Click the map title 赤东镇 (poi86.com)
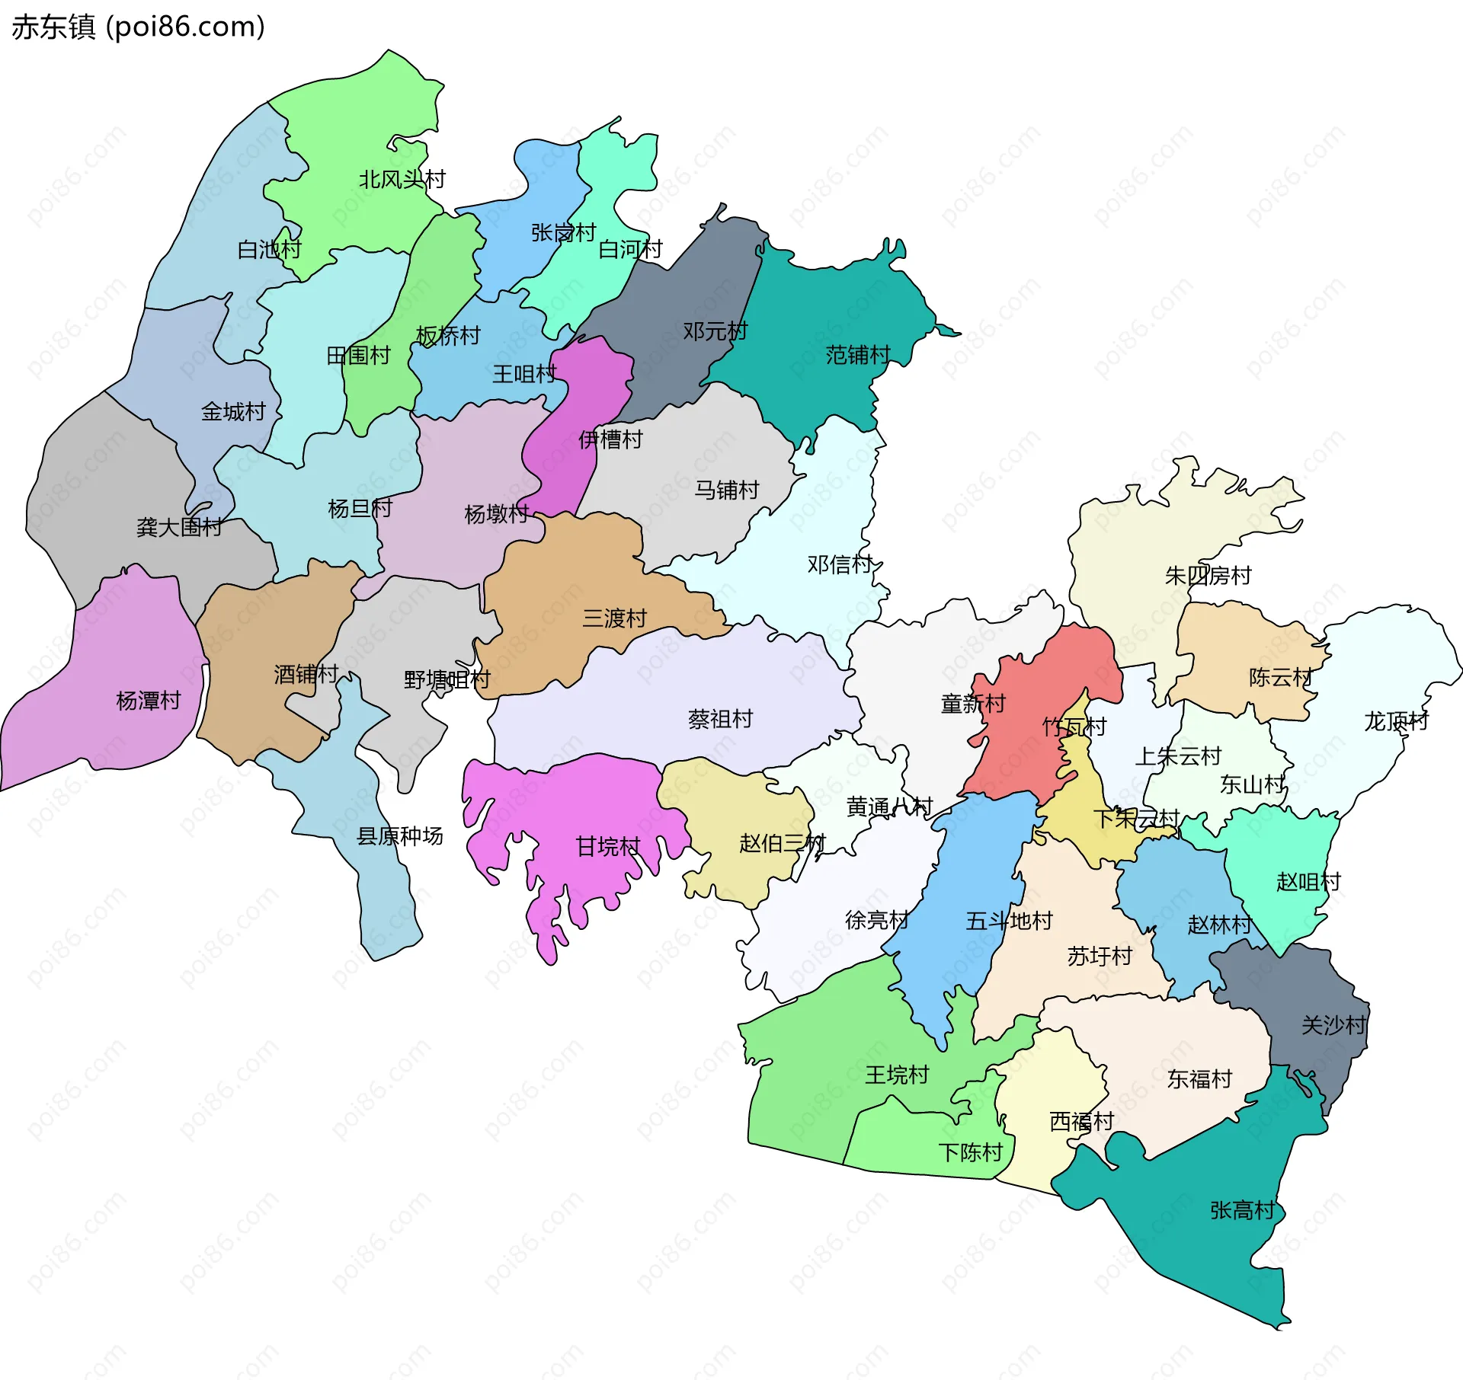139,27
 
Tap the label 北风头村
402,180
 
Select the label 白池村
269,249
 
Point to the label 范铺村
858,355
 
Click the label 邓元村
715,331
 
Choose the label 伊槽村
610,439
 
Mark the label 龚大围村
179,527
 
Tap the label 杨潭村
148,701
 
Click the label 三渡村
614,618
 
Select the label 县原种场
399,836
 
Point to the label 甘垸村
607,846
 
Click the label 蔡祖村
720,719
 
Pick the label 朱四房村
1208,576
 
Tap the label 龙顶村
1396,721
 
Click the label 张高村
1242,1210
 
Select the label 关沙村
1333,1025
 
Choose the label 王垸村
897,1075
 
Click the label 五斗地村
1009,921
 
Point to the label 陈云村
1281,677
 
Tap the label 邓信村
840,564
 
